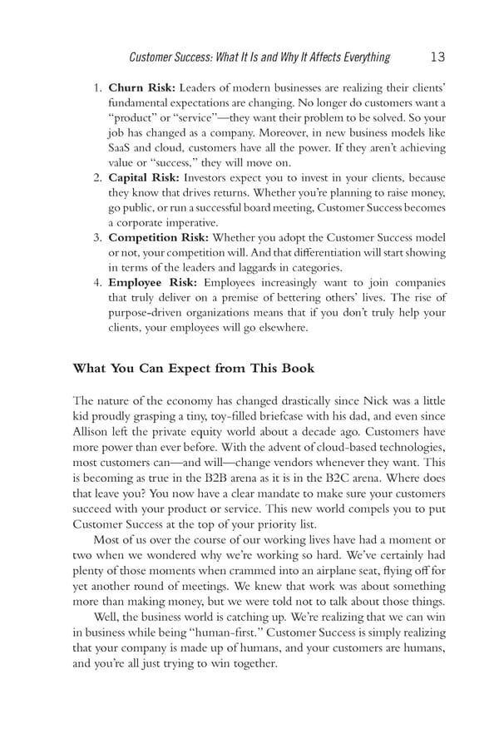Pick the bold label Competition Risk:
tap(159, 238)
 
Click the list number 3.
tap(96, 238)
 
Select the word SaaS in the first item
tap(122, 148)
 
